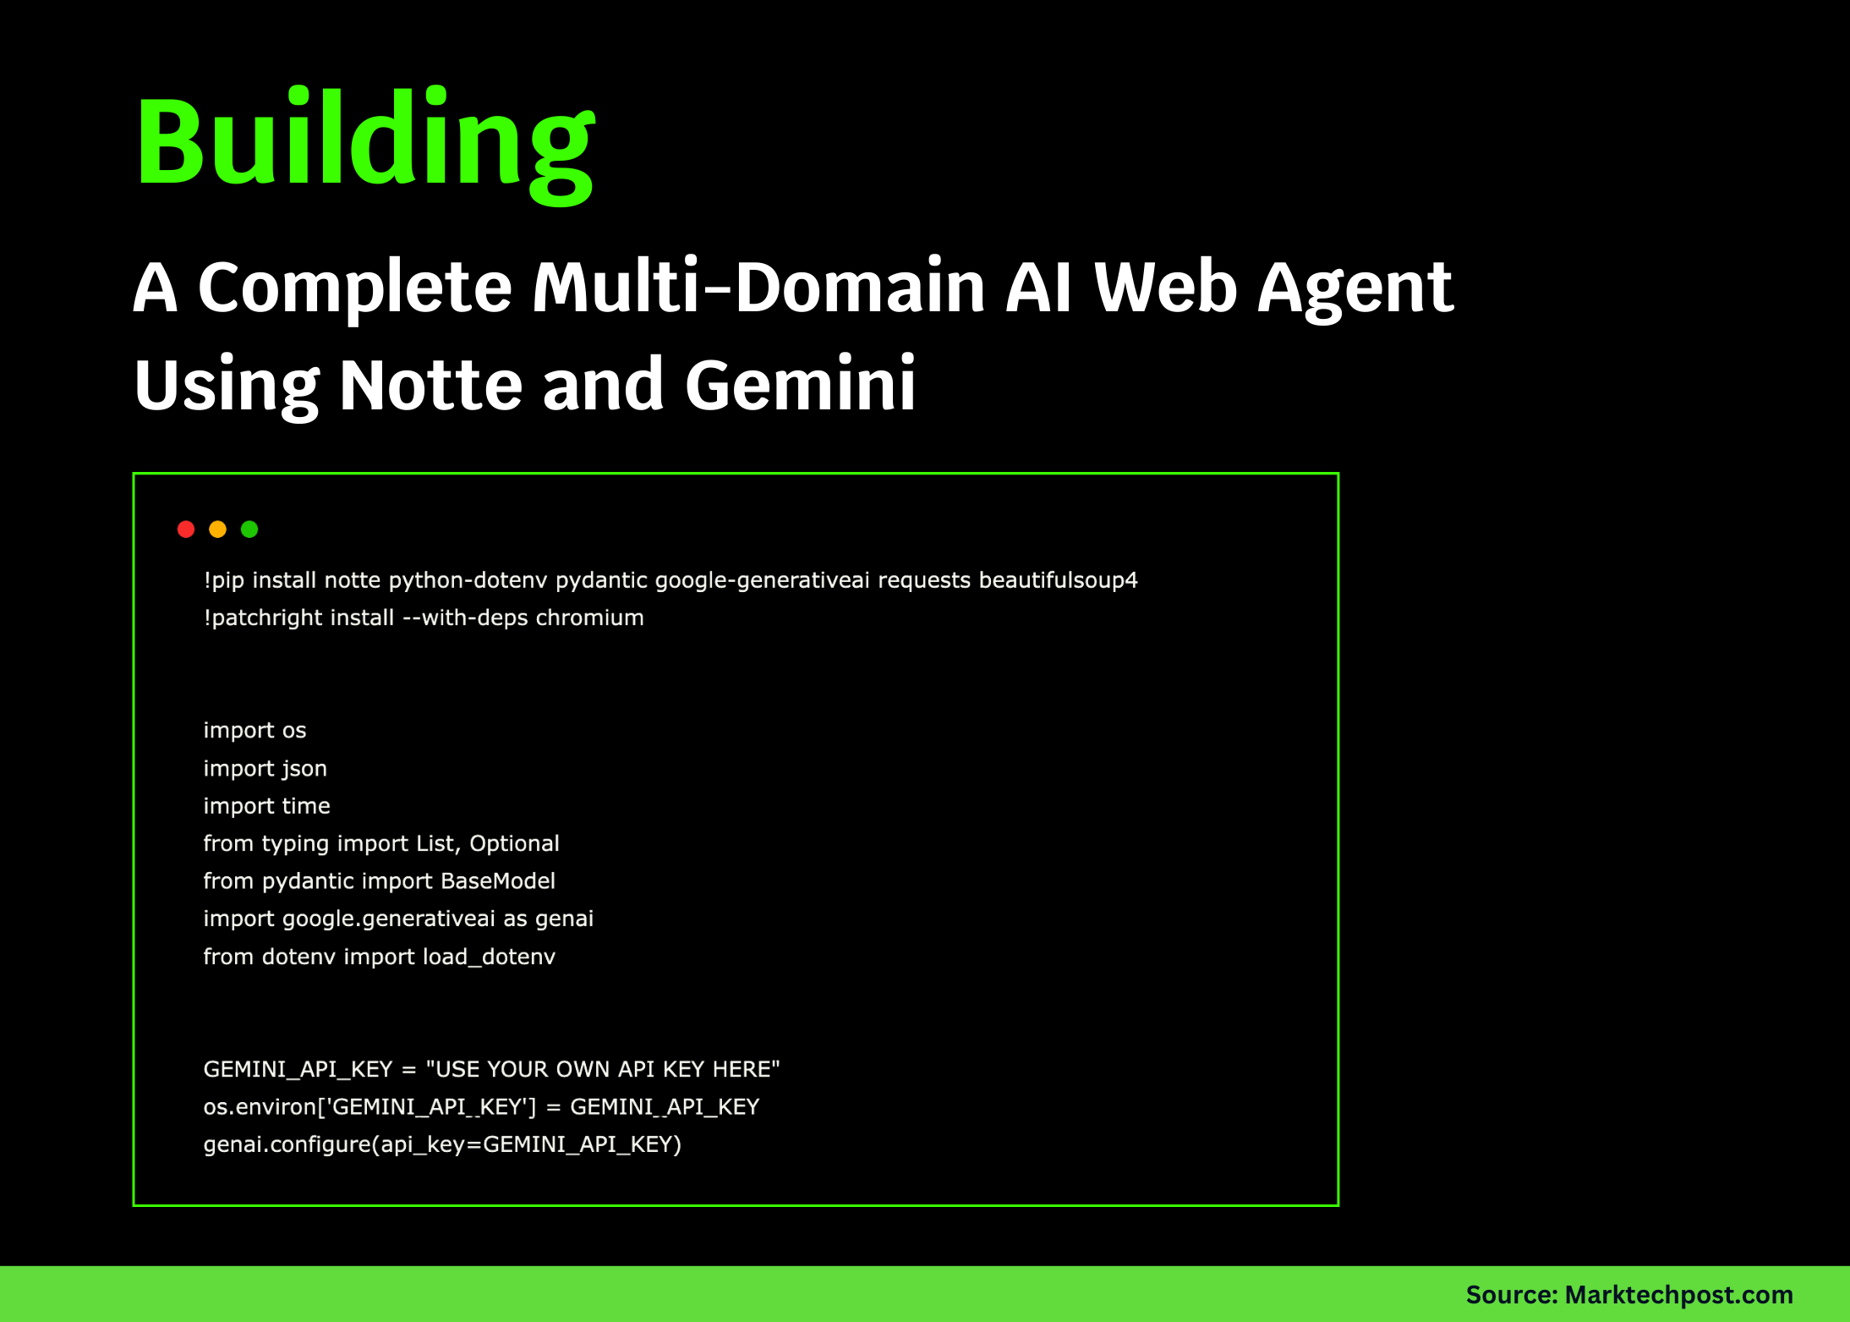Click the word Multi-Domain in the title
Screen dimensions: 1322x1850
(x=758, y=288)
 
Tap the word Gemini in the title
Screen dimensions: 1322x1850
(x=800, y=385)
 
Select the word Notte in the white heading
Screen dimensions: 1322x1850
(x=431, y=385)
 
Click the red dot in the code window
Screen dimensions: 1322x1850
(x=186, y=529)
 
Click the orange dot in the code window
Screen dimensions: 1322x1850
(x=217, y=529)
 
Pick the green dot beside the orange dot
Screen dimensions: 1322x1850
(x=249, y=529)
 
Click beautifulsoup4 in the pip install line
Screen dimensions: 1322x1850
(x=1058, y=580)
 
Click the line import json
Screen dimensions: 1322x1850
(x=265, y=769)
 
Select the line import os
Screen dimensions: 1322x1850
(x=255, y=731)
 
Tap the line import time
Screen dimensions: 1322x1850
(x=266, y=806)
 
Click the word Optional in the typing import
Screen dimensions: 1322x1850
(x=514, y=844)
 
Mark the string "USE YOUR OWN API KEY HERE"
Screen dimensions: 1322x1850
(x=603, y=1069)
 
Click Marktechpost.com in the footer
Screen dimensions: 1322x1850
(x=1678, y=1295)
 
